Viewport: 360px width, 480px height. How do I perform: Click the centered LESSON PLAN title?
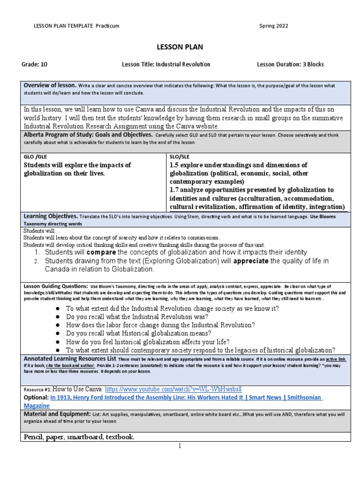180,47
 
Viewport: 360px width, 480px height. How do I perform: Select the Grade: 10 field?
34,64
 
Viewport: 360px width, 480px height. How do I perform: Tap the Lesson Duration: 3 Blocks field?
290,64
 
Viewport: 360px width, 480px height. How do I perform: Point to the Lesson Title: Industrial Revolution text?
166,64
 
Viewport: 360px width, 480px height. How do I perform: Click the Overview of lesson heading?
50,85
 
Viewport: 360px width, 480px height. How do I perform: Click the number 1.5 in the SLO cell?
174,165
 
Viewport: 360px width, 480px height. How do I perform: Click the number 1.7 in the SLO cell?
174,190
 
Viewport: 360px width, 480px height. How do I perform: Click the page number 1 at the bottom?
180,446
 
